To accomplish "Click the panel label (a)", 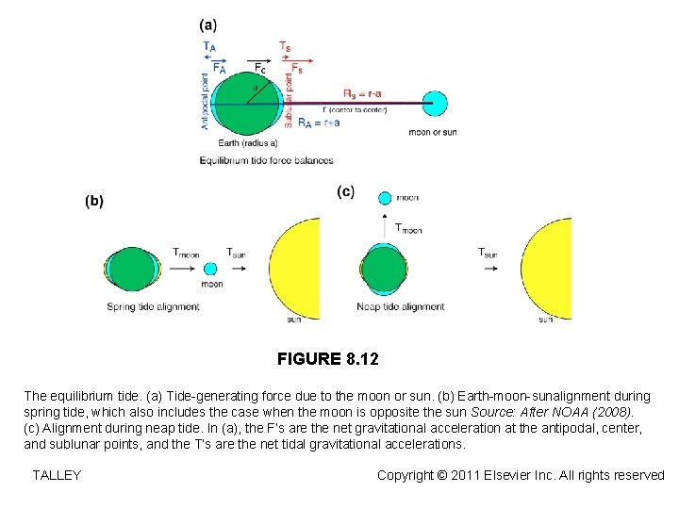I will click(x=208, y=25).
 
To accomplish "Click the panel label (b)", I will click(x=94, y=201).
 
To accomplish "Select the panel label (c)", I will click(x=346, y=192).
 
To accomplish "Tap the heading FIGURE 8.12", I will click(x=327, y=359).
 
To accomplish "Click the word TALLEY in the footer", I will click(x=57, y=475).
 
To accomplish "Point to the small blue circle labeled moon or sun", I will click(x=435, y=103).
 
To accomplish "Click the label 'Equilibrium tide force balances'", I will click(x=266, y=160).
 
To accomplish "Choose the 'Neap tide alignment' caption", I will click(x=401, y=307).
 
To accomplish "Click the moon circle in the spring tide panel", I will click(x=210, y=270).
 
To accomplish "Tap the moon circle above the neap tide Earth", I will click(x=384, y=198).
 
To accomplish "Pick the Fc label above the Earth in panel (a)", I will click(x=260, y=68).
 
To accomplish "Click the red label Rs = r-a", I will click(x=362, y=93).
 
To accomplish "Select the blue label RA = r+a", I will click(x=318, y=122).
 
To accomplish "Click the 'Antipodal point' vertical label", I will click(x=206, y=102).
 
